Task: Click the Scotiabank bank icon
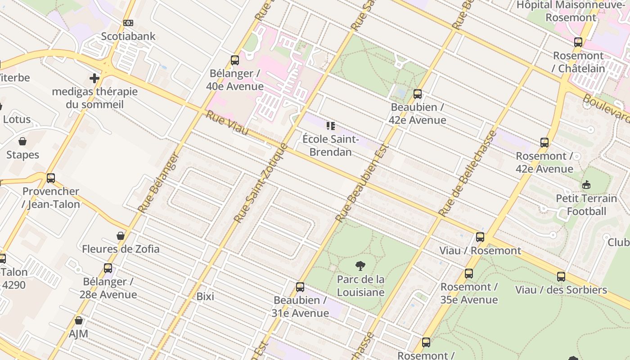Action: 128,23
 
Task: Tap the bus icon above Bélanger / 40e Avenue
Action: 234,60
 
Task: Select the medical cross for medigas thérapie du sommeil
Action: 94,78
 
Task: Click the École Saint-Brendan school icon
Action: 331,126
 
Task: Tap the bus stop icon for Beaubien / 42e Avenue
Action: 418,94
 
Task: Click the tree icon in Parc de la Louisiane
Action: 360,266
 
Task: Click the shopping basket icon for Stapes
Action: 22,142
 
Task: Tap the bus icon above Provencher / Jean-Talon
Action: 51,178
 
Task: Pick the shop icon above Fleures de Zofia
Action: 121,236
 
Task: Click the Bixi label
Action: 205,297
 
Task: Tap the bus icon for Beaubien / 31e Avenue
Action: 300,287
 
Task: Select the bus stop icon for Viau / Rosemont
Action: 480,237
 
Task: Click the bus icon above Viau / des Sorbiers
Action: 561,277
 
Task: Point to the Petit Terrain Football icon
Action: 586,185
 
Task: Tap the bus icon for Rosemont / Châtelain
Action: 578,43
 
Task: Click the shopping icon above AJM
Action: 79,320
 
